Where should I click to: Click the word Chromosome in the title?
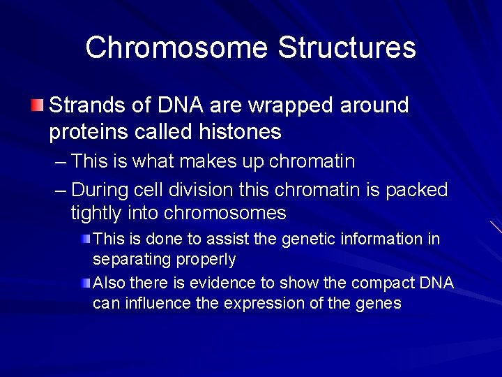click(x=177, y=48)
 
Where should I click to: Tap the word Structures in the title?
click(x=347, y=48)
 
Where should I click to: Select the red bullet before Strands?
click(x=37, y=106)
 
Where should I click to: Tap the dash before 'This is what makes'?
click(x=60, y=162)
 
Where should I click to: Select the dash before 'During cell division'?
click(x=60, y=190)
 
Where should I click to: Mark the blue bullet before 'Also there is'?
click(x=85, y=283)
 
